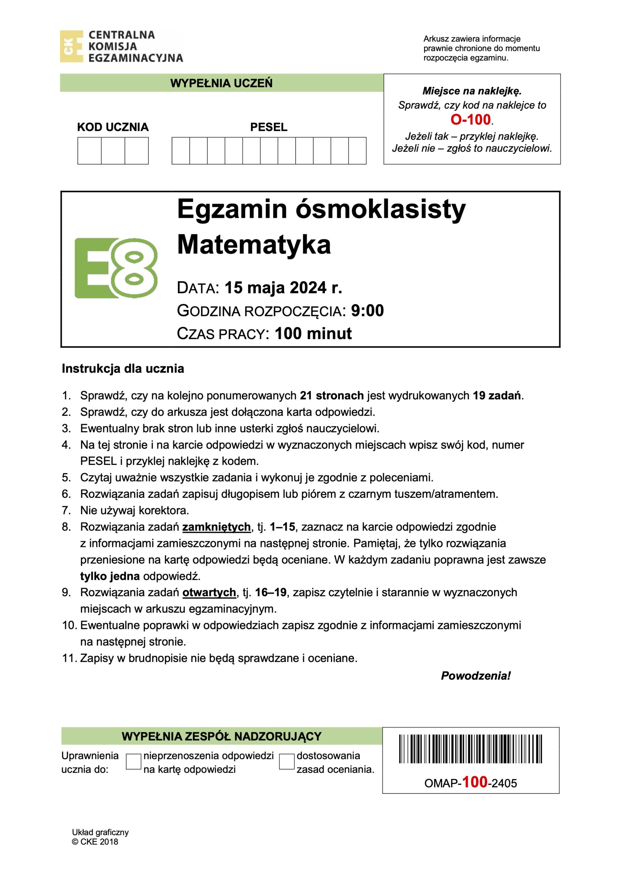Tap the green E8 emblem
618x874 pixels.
point(116,268)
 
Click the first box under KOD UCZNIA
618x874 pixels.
point(89,151)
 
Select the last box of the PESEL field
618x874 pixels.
point(357,151)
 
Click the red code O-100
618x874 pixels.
point(470,119)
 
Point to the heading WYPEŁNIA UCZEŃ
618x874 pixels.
point(221,83)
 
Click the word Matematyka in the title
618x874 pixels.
point(254,244)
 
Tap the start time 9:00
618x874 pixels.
point(367,311)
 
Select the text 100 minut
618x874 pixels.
point(313,334)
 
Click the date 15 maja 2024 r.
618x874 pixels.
point(283,288)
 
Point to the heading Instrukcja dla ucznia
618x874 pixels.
point(123,368)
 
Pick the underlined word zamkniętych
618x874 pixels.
point(216,527)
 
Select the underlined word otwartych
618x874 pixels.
point(209,592)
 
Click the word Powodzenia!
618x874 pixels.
point(476,676)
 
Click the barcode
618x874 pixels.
point(470,749)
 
